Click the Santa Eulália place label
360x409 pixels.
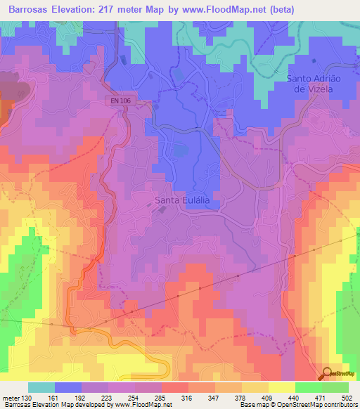tap(181, 201)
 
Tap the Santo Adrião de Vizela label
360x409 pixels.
tap(313, 84)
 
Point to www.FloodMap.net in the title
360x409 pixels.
tap(219, 9)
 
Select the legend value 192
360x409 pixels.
tap(82, 398)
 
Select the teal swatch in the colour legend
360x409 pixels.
tap(41, 387)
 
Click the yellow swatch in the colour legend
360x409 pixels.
tap(281, 387)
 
